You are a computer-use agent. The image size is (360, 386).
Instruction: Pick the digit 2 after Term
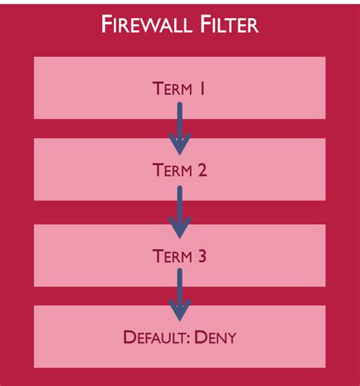[202, 171]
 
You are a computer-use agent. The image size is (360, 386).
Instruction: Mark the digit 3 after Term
[202, 257]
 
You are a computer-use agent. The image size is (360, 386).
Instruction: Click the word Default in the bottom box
[155, 336]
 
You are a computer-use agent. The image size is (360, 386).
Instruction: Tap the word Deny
[217, 336]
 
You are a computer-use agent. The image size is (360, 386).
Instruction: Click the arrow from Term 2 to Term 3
[180, 210]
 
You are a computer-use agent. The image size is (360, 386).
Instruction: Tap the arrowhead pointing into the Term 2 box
[180, 145]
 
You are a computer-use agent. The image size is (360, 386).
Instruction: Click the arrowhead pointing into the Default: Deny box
[180, 311]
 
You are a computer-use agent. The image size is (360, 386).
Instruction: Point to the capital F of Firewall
[108, 25]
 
